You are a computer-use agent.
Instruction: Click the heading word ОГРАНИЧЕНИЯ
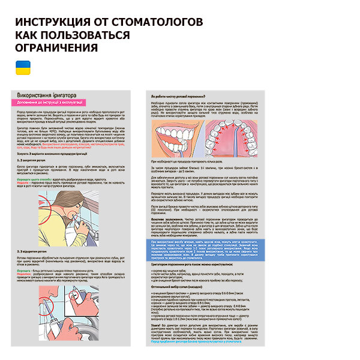point(56,47)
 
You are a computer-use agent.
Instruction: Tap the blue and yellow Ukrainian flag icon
point(22,66)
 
